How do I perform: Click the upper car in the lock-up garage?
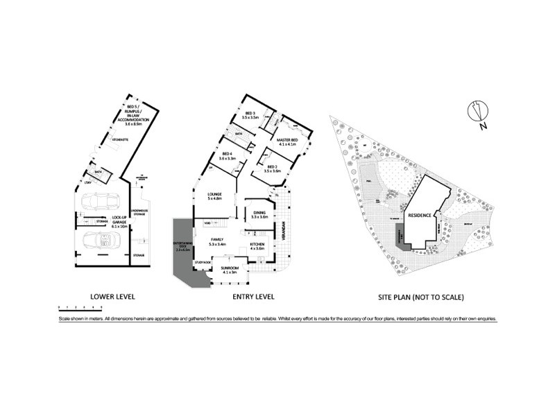[100, 202]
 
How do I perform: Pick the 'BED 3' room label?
[250, 115]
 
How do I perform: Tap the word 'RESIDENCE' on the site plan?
[420, 216]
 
